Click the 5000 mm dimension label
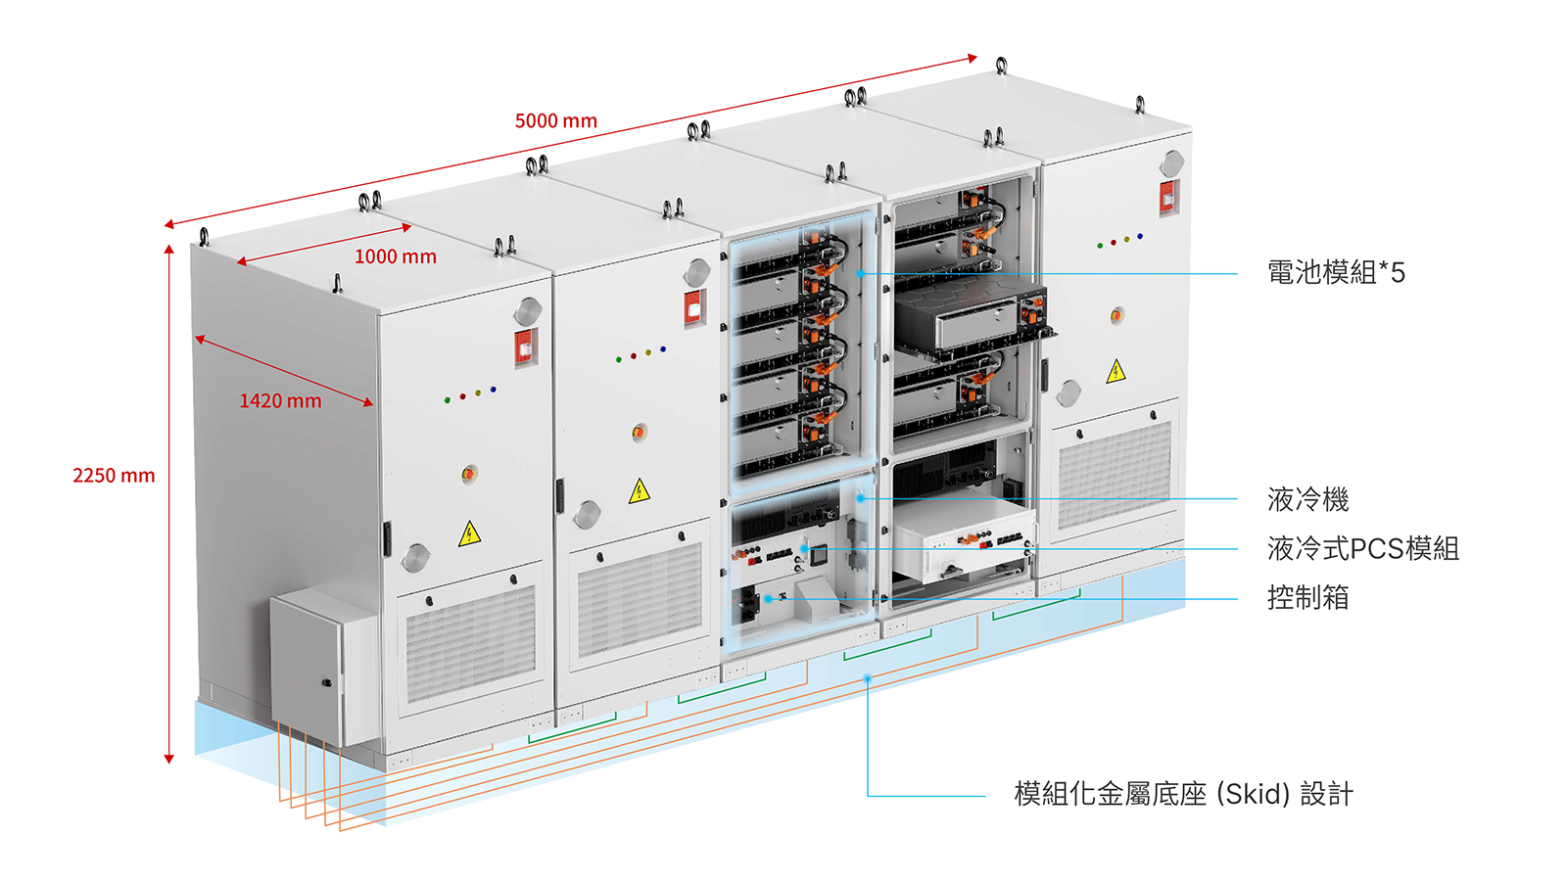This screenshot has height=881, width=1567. point(556,121)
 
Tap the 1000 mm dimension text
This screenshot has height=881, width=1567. point(396,256)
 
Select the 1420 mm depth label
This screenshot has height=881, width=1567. point(280,400)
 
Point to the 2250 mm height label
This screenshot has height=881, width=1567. point(114,476)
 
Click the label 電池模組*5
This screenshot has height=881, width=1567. point(1336,272)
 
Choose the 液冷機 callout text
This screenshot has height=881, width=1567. point(1307,499)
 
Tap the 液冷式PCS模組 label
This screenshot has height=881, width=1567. point(1362,549)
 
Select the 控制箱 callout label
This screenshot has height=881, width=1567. point(1307,598)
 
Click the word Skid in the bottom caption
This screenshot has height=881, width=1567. point(1253,794)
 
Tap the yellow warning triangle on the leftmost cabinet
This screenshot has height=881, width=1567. point(469,534)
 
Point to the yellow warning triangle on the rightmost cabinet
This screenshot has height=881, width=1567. point(1116,371)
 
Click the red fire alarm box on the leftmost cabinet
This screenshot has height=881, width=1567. point(526,347)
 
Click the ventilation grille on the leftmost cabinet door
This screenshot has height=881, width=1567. point(470,643)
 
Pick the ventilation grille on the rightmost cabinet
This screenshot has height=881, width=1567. point(1115,476)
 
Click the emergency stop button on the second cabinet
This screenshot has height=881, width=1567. point(639,432)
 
